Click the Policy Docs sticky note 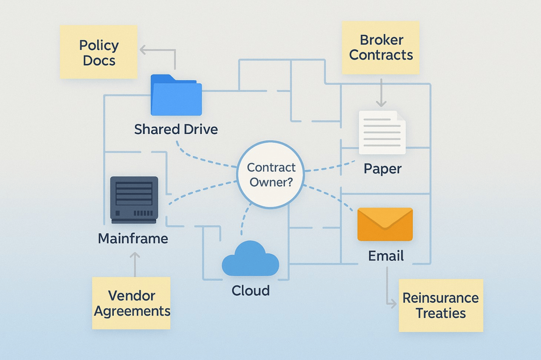coord(99,52)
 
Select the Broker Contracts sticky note coord(381,48)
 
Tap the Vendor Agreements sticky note coord(131,303)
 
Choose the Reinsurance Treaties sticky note coord(441,305)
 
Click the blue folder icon coord(176,96)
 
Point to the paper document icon coord(382,133)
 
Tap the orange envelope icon coord(385,224)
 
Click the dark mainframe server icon coord(134,200)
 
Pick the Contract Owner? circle coord(271,175)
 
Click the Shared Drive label coord(176,129)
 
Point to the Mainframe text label coord(133,239)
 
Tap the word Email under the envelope coord(386,256)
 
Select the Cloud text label coord(251,291)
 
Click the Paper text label coord(383,169)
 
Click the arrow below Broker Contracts coord(381,93)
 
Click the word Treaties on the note coord(441,313)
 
